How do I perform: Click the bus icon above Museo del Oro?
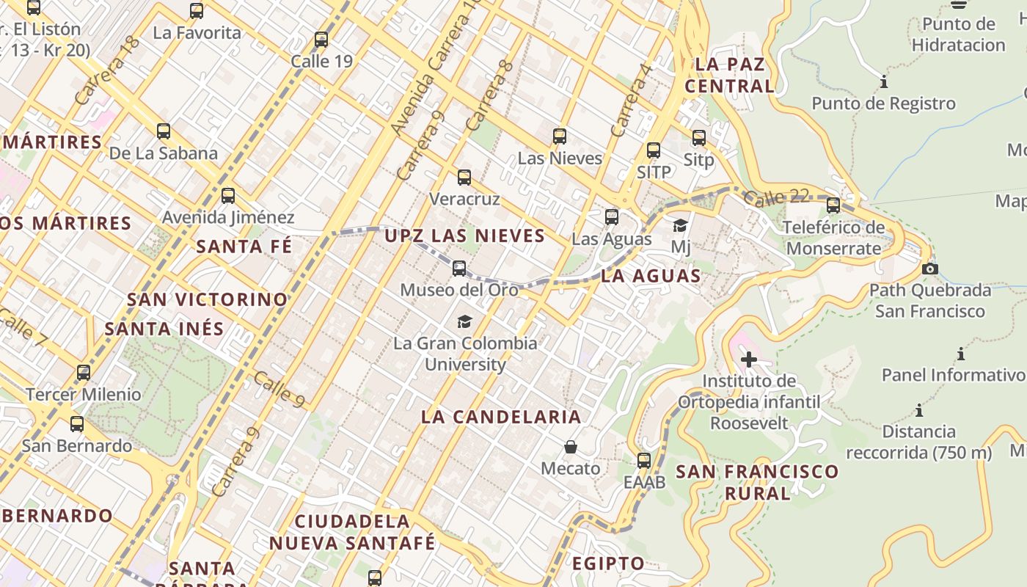(459, 269)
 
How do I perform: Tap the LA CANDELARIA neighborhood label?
(501, 417)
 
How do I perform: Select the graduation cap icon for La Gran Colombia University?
(464, 321)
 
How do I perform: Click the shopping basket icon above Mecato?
(571, 447)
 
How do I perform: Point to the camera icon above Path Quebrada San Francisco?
(930, 269)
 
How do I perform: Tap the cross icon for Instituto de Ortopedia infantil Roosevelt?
(748, 360)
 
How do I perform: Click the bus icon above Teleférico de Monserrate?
(833, 205)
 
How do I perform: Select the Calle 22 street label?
(776, 197)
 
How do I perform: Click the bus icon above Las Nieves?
(560, 136)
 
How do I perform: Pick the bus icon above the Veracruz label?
(464, 178)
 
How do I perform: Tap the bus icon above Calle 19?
(321, 40)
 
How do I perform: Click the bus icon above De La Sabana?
(164, 132)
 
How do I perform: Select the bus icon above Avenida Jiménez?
(228, 196)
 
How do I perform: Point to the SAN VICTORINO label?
(208, 299)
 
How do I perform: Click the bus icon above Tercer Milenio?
(84, 373)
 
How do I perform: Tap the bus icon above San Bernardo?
(77, 424)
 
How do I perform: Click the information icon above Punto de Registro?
(884, 81)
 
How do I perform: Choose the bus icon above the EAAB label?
(644, 461)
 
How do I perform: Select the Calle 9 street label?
(279, 390)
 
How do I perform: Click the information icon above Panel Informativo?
(961, 354)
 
